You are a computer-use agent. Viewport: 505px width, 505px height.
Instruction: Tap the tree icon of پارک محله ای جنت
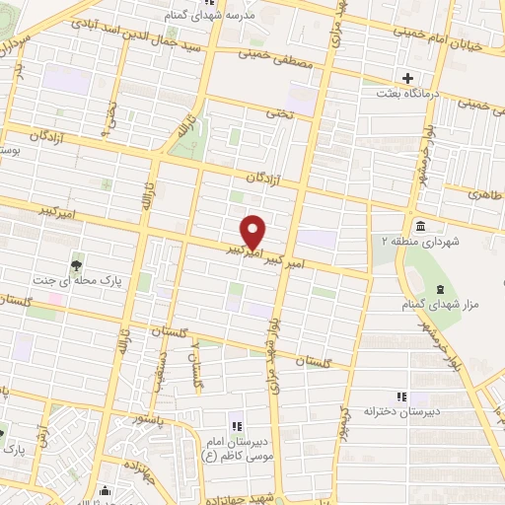pyautogui.click(x=76, y=263)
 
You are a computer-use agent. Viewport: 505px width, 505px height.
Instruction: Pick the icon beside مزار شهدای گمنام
pyautogui.click(x=440, y=288)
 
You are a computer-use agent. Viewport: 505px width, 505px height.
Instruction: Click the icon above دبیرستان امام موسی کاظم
pyautogui.click(x=236, y=425)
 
